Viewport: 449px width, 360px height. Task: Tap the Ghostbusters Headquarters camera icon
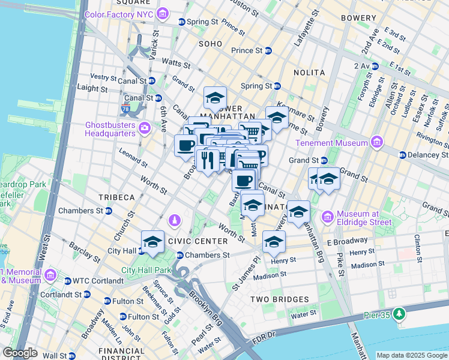pyautogui.click(x=144, y=127)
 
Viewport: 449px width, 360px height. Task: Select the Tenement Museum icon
pyautogui.click(x=376, y=143)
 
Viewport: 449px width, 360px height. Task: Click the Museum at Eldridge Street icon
pyautogui.click(x=328, y=216)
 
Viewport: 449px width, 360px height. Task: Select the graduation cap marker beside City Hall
pyautogui.click(x=152, y=242)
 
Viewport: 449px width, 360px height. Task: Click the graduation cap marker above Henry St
pyautogui.click(x=274, y=242)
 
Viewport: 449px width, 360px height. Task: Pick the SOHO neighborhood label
pyautogui.click(x=211, y=44)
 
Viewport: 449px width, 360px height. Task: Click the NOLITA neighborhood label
pyautogui.click(x=309, y=73)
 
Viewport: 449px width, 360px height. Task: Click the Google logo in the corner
pyautogui.click(x=20, y=353)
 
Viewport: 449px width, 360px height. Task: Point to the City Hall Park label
pyautogui.click(x=147, y=270)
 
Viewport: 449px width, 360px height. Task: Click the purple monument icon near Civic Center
pyautogui.click(x=174, y=221)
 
